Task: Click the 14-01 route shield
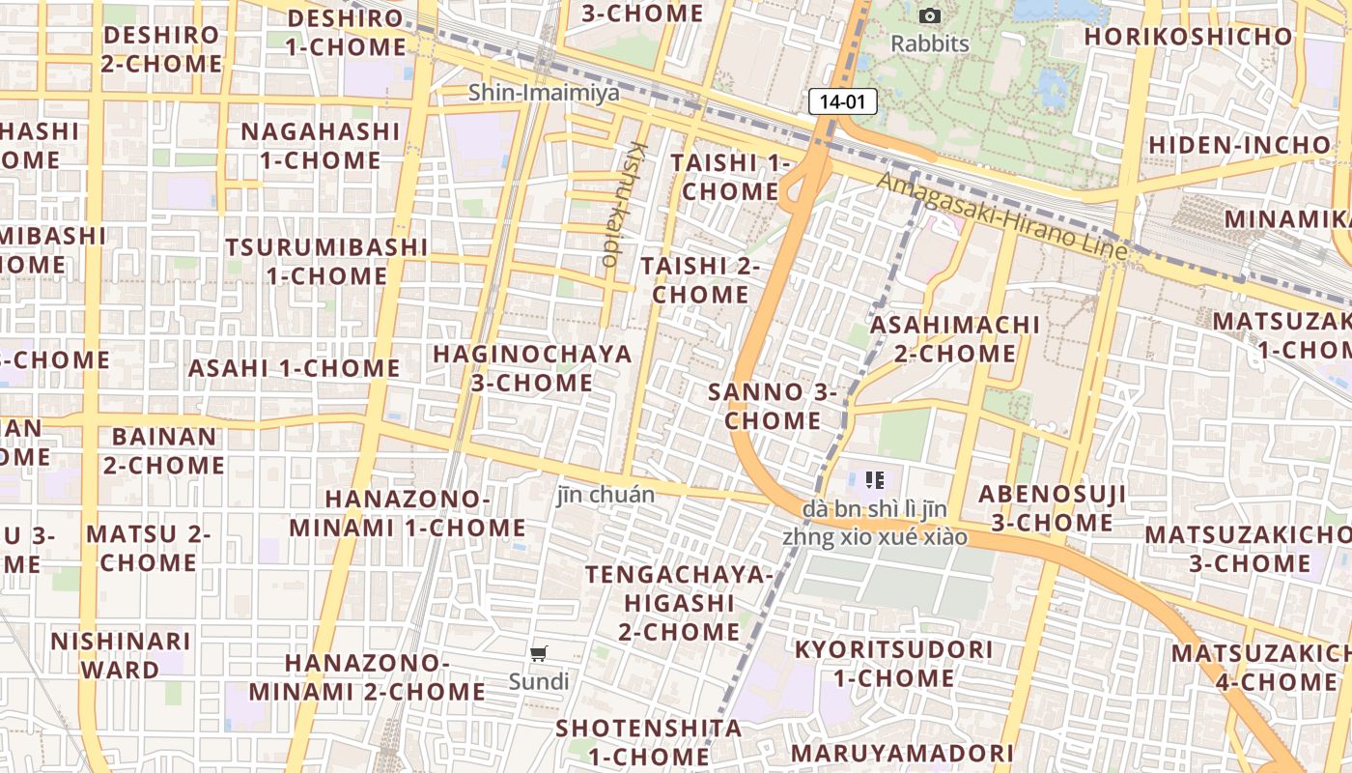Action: pos(842,100)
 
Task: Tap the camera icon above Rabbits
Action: pos(930,15)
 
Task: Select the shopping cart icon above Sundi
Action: pos(539,654)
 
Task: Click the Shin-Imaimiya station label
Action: pos(543,93)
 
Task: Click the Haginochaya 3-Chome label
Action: pos(532,368)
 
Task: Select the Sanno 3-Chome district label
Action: pos(773,406)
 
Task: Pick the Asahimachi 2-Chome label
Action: pos(955,339)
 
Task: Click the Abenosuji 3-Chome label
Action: pos(1052,508)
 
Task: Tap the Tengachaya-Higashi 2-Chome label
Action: pos(679,603)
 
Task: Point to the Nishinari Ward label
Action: pos(121,655)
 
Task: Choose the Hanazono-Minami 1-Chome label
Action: pos(408,513)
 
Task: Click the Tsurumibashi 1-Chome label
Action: pos(326,261)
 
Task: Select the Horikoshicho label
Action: pos(1188,37)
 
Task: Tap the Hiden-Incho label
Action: pos(1239,145)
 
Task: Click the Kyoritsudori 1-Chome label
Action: pos(893,663)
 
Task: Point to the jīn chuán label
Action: pos(606,495)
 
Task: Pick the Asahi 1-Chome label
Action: pos(294,368)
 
